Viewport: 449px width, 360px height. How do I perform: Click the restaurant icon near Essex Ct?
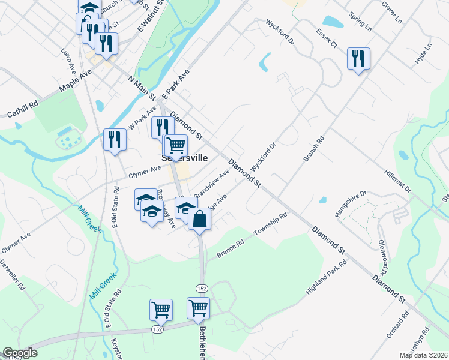coord(358,59)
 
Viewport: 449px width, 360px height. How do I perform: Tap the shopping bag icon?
coord(200,218)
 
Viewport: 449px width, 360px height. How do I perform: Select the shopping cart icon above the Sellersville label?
coord(176,145)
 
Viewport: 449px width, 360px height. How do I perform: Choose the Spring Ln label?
coord(360,19)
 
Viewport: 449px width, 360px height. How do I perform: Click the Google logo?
coord(20,353)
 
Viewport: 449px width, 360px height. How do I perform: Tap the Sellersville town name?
coord(185,158)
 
